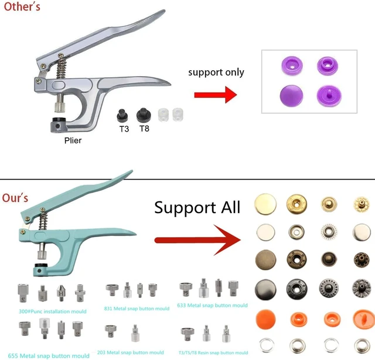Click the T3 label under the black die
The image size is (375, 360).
(124, 129)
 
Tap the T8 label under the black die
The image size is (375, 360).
(145, 129)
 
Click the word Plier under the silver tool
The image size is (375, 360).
(73, 140)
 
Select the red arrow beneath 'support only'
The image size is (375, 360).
(216, 95)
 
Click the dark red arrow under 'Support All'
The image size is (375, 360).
(197, 240)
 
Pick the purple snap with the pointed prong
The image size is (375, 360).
(329, 95)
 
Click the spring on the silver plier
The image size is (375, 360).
(62, 68)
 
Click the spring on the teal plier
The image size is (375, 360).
(43, 221)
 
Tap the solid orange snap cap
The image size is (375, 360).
(265, 320)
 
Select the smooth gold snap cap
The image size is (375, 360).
(265, 204)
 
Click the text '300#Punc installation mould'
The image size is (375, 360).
(53, 311)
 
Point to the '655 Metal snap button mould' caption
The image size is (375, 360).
(49, 356)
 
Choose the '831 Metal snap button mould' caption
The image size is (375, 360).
(137, 308)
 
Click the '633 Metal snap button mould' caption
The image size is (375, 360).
(212, 306)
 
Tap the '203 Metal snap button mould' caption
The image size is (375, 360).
(131, 352)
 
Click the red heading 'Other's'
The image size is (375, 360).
(22, 6)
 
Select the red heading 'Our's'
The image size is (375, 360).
(15, 198)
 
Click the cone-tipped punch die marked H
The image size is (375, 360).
(61, 293)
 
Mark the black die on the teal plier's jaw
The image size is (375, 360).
(40, 265)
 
